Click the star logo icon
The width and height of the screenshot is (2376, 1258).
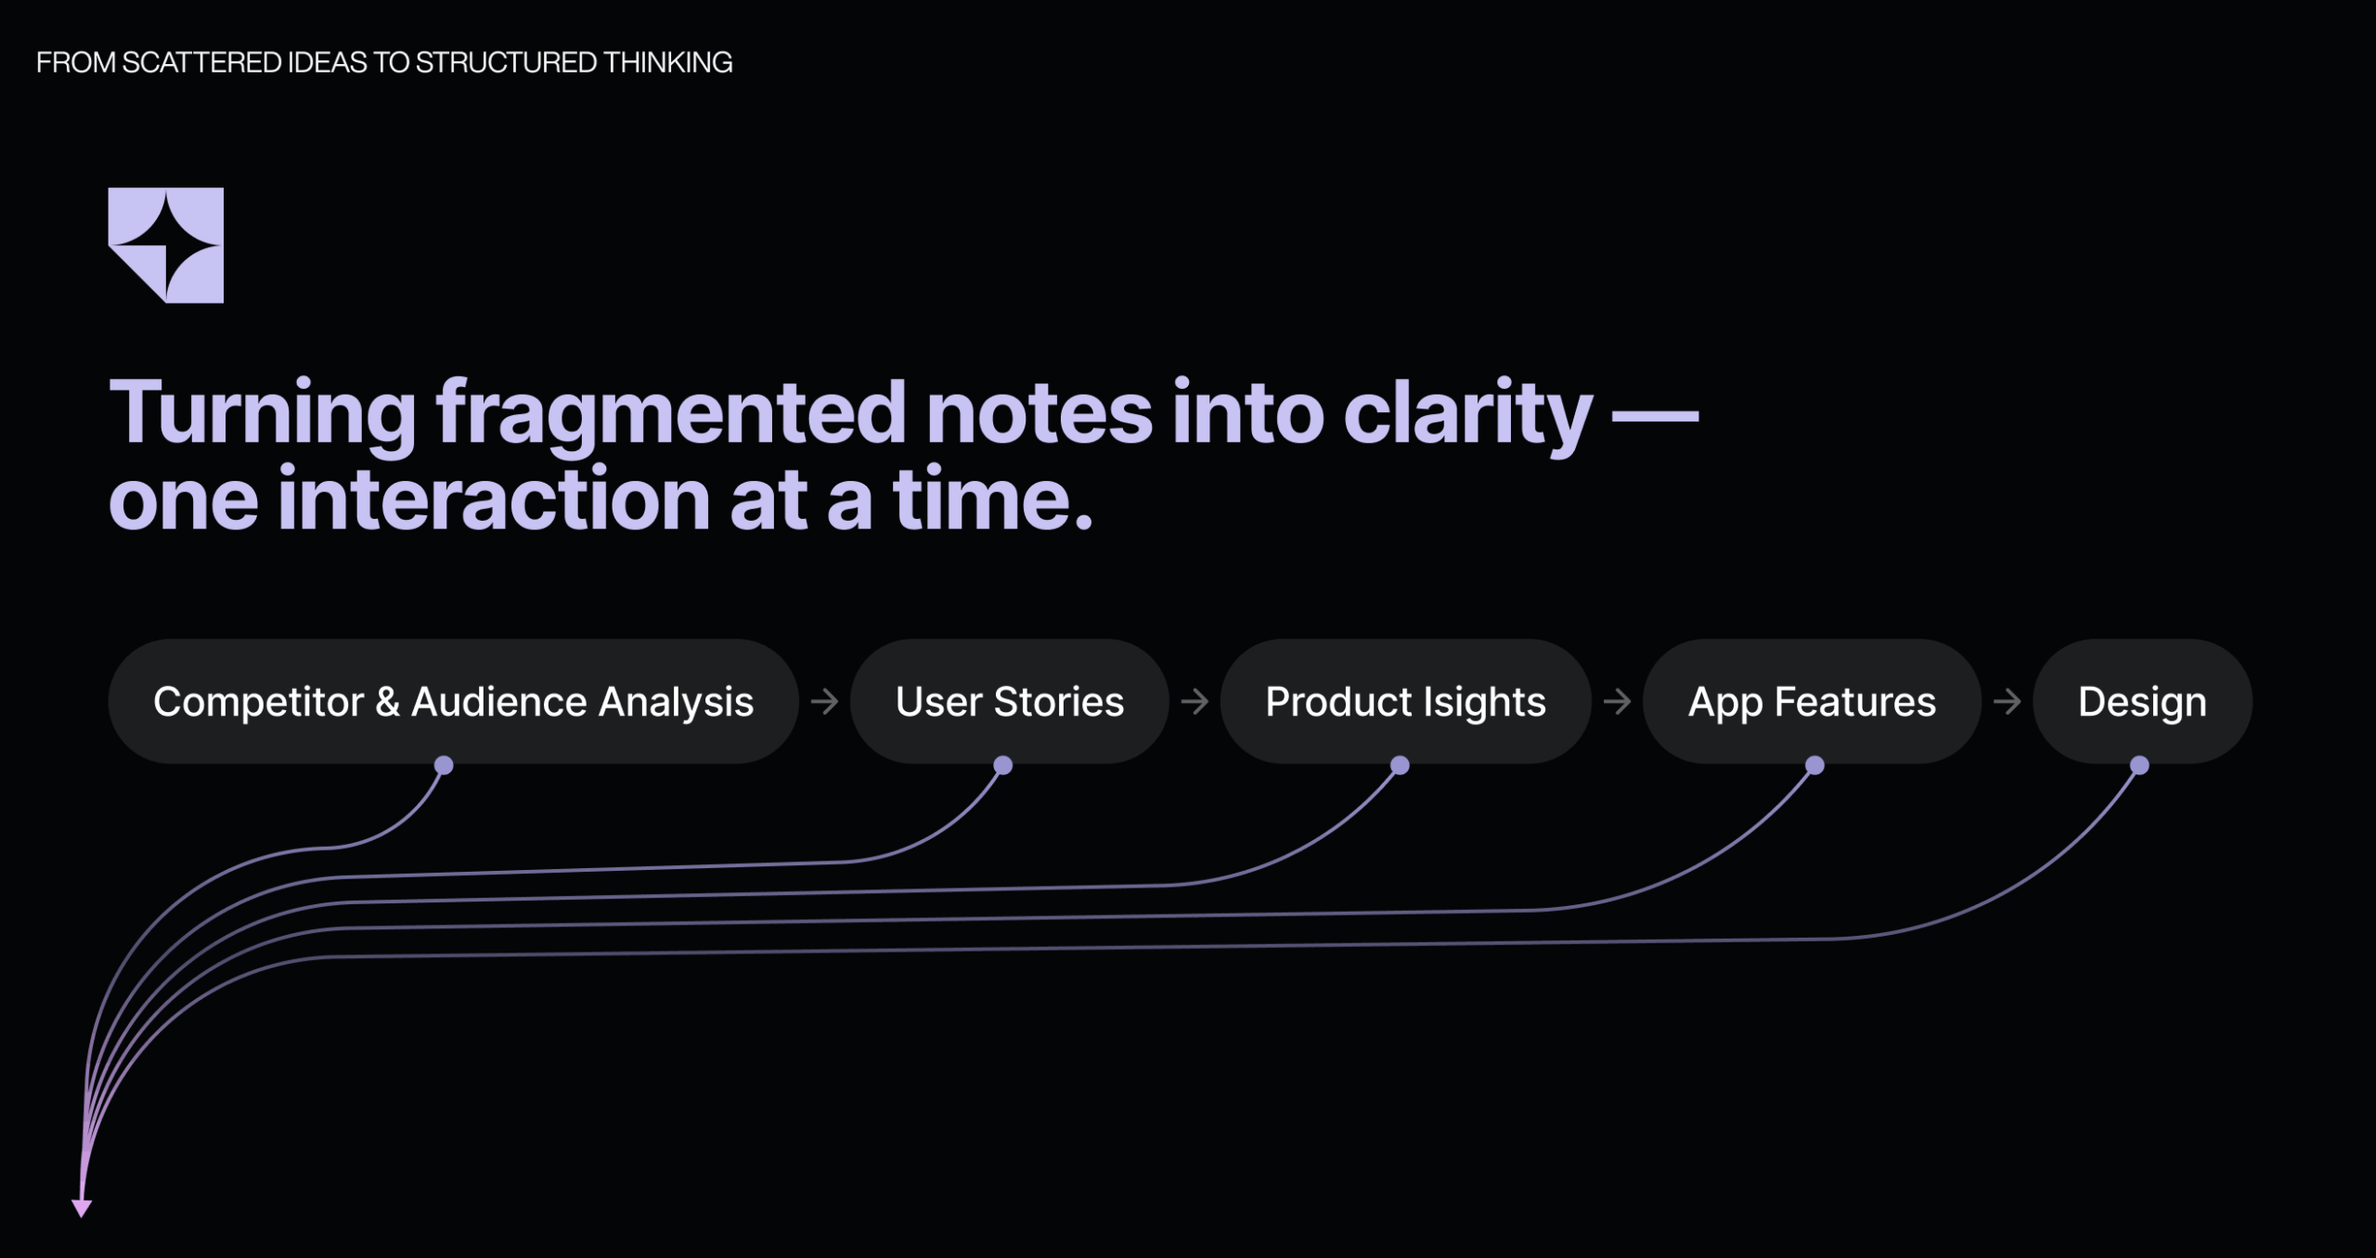(166, 245)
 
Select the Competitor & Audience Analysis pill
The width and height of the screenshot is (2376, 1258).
(453, 701)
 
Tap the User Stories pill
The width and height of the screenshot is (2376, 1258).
(1009, 701)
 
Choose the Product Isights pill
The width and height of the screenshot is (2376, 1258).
(1405, 701)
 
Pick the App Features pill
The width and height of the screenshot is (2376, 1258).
(1812, 701)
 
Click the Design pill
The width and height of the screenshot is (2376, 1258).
(2142, 701)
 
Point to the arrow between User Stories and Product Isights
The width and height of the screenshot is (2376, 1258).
(1194, 701)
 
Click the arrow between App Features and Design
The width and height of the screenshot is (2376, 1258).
(2007, 701)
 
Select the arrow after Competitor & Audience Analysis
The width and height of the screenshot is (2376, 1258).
(824, 701)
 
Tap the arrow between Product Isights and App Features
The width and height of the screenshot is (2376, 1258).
(1617, 701)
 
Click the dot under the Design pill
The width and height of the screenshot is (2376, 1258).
(2139, 765)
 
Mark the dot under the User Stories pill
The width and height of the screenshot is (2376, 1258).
(1002, 765)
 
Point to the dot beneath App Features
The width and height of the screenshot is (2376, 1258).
(1814, 765)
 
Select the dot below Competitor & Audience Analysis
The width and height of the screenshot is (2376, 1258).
(444, 765)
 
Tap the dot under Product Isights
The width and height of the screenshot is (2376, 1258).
(1400, 765)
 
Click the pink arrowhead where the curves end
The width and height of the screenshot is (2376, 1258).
(82, 1208)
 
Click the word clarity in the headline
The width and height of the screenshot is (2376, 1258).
(1467, 414)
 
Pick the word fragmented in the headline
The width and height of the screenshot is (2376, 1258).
(670, 414)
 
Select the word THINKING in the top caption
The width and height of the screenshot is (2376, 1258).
(667, 62)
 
